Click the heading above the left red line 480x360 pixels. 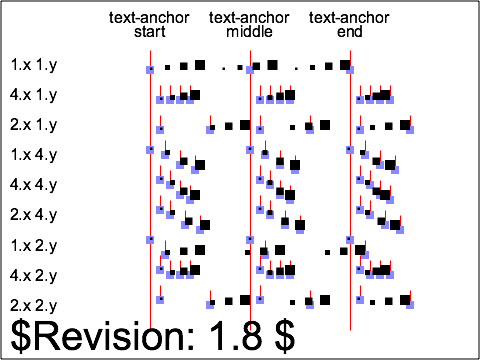[x=150, y=25]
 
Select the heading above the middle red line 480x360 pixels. [x=250, y=25]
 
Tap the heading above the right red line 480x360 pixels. [x=350, y=25]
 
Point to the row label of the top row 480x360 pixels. [x=34, y=65]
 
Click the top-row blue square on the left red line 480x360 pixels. [x=150, y=70]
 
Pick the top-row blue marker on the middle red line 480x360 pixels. [x=250, y=70]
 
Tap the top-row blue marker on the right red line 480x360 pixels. [x=350, y=70]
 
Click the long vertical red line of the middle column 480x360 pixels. [x=250, y=200]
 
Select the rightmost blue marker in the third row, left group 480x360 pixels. [x=210, y=130]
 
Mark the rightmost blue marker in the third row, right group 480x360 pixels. [x=410, y=130]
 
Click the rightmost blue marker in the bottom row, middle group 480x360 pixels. [x=310, y=304]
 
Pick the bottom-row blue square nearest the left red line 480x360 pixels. [x=160, y=300]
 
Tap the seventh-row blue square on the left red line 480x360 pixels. [x=150, y=240]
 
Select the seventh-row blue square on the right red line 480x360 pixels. [x=350, y=240]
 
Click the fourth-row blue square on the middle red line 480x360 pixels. [x=250, y=150]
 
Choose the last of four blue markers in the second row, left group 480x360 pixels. [x=190, y=100]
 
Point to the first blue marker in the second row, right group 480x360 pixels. [x=360, y=100]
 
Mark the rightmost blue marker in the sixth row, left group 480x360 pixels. [x=200, y=230]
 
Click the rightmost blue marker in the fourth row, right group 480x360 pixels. [x=395, y=170]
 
